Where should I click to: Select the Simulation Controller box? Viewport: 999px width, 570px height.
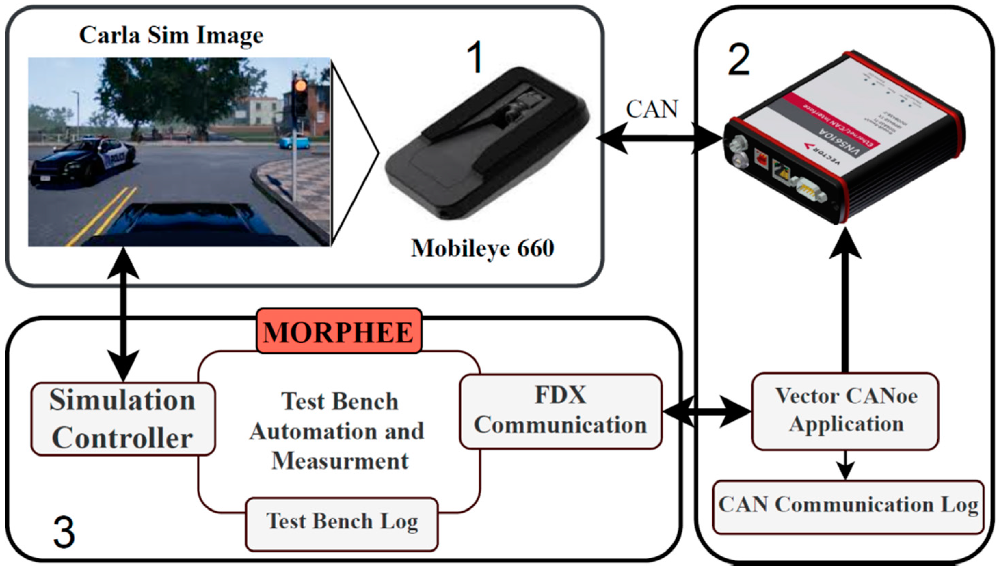pyautogui.click(x=123, y=419)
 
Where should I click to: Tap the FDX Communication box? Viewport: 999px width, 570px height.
pyautogui.click(x=560, y=411)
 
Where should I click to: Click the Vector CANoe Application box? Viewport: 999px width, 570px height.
pyautogui.click(x=845, y=411)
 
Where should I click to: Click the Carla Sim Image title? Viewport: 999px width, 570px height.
pyautogui.click(x=171, y=35)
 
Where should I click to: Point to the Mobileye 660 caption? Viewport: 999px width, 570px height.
pyautogui.click(x=482, y=248)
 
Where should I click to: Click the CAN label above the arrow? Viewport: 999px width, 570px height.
pyautogui.click(x=652, y=109)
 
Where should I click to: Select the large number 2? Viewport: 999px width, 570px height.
pyautogui.click(x=738, y=61)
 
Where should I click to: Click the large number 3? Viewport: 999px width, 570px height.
pyautogui.click(x=64, y=532)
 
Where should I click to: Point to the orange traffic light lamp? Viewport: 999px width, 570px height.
pyautogui.click(x=301, y=86)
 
